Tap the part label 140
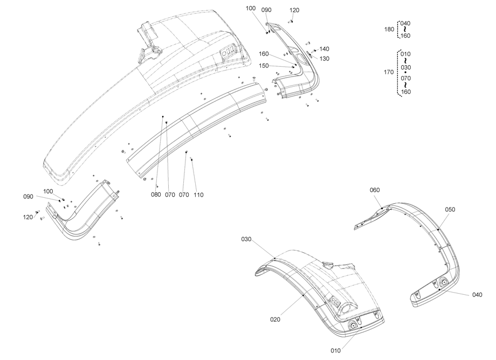click(324, 49)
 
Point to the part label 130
click(324, 58)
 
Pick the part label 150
click(264, 65)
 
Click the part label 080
click(156, 195)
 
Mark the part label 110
click(199, 195)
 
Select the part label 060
click(375, 190)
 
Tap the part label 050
click(450, 209)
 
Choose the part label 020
click(275, 319)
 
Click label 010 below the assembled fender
click(335, 350)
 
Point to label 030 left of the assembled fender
click(246, 239)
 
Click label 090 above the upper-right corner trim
click(266, 10)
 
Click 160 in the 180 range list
click(405, 36)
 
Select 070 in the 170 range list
click(405, 79)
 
